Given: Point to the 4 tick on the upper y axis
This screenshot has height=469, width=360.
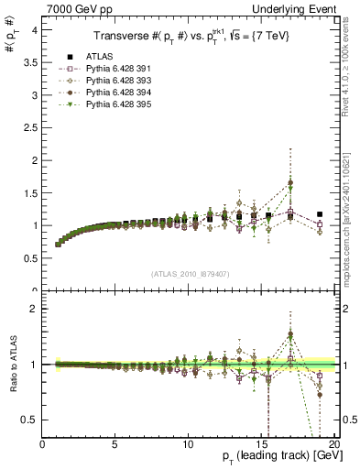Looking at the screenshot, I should (34, 29).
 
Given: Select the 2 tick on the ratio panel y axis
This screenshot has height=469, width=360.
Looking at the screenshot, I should (34, 309).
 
